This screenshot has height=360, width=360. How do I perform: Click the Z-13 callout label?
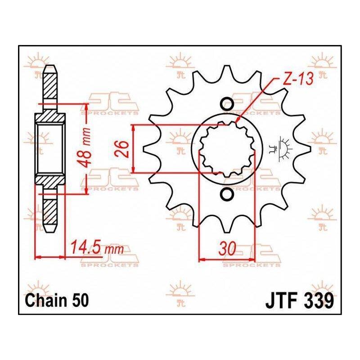[298, 79]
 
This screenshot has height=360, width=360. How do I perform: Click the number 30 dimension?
[227, 248]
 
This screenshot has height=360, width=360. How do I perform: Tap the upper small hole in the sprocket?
[227, 104]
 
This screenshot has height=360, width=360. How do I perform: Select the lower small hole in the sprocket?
[227, 194]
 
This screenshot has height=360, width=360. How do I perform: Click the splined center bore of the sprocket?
[227, 149]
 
